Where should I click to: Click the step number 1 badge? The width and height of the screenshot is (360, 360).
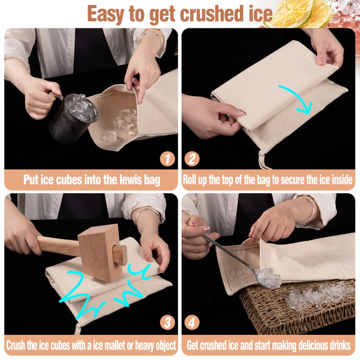(x=167, y=159)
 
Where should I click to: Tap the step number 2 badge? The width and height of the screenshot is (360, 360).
(x=192, y=159)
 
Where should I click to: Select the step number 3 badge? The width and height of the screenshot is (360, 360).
(x=167, y=322)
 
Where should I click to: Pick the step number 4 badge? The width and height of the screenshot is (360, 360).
(x=192, y=322)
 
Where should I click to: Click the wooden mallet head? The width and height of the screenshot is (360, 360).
(x=100, y=253)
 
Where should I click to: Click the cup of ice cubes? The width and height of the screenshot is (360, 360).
(x=73, y=117)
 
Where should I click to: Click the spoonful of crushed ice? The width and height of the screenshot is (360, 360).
(x=268, y=278)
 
